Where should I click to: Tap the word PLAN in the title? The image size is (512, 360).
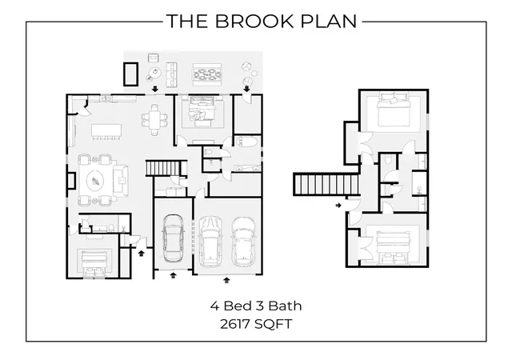tap(329, 22)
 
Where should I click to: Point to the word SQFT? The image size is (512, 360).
tap(274, 324)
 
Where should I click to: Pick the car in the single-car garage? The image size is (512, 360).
tap(173, 238)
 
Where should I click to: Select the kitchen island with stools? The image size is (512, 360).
tap(106, 131)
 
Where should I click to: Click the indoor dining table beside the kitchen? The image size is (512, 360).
tap(154, 119)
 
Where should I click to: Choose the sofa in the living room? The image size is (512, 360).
tap(121, 181)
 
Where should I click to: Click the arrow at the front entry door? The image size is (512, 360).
tap(141, 253)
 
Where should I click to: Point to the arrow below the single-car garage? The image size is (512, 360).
tap(174, 275)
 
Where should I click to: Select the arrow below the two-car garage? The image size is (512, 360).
tap(226, 280)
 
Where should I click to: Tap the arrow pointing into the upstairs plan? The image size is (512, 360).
tap(338, 206)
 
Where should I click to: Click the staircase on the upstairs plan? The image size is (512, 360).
tap(326, 184)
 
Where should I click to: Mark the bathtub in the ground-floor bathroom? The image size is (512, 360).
tap(247, 142)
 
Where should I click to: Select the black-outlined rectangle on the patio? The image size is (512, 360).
tap(130, 74)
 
